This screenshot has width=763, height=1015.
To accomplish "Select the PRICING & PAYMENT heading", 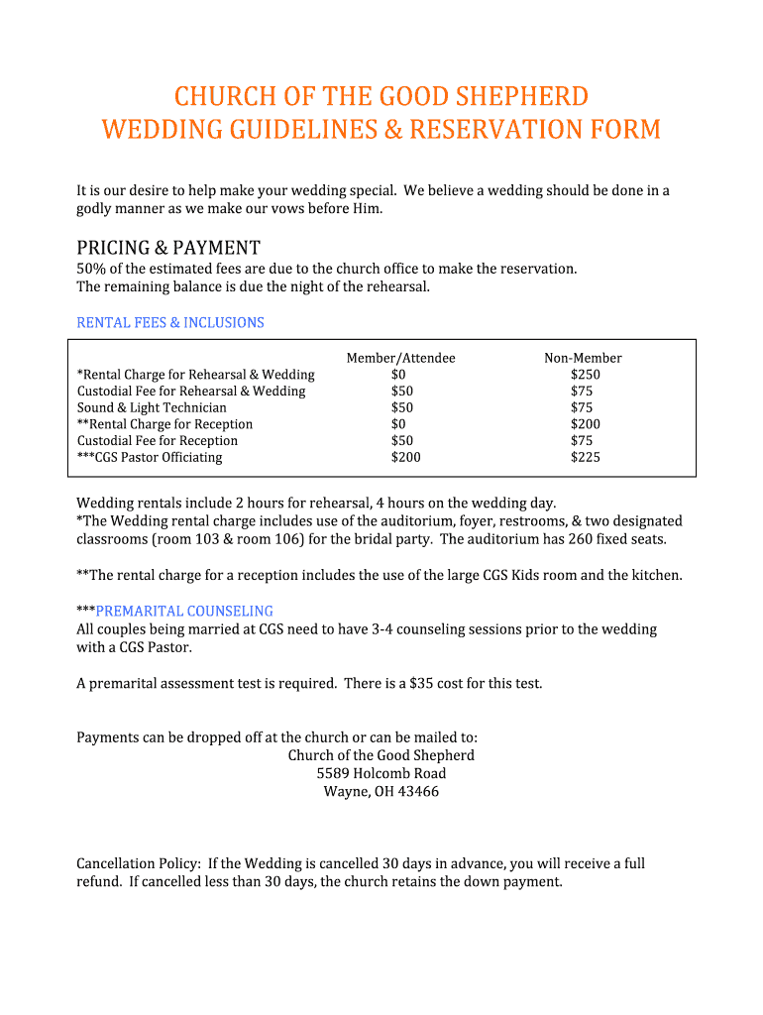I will point(168,248).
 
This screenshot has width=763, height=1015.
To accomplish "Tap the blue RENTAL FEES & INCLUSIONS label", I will point(170,323).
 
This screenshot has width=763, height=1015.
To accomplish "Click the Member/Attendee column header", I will point(400,358).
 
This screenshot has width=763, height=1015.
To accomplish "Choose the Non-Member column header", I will point(583,358).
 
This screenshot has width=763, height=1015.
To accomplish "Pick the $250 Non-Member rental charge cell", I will point(585,375).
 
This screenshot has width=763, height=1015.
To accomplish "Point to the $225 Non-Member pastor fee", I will point(585,457).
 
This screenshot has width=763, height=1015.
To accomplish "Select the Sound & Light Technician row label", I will point(152,407).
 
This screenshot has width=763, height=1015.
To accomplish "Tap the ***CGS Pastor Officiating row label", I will point(150,457).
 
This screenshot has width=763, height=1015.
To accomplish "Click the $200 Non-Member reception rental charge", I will point(585,424).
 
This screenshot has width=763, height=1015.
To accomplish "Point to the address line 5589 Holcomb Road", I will point(381,773).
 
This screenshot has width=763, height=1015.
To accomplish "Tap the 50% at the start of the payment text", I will point(90,269).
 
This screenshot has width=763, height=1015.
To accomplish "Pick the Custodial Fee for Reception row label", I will point(158,441).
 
